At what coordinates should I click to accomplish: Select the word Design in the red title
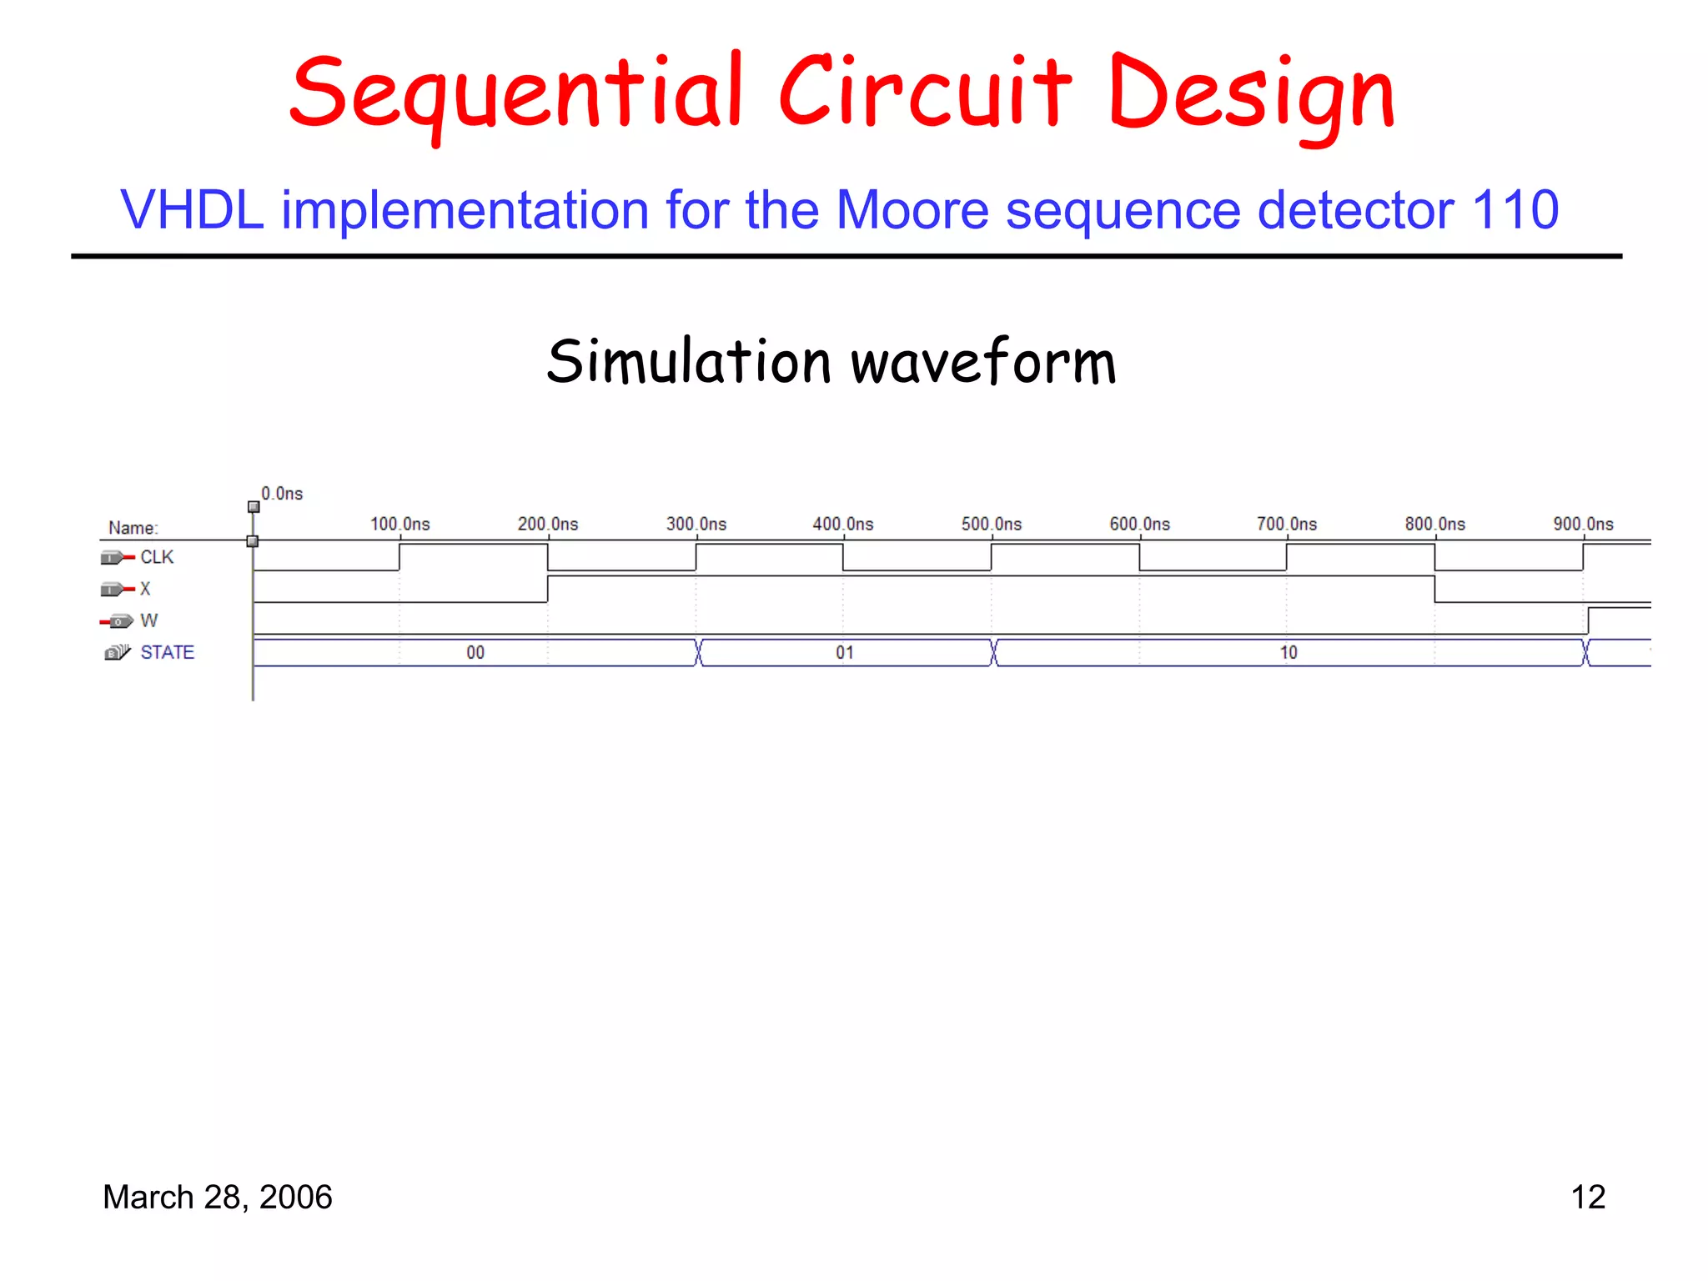pyautogui.click(x=1251, y=94)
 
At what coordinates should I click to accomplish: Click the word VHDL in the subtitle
pyautogui.click(x=193, y=209)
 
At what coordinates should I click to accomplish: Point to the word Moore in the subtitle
pyautogui.click(x=912, y=209)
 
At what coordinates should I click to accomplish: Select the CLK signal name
pyautogui.click(x=157, y=557)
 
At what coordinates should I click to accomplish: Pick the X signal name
pyautogui.click(x=145, y=589)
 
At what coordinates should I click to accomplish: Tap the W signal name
pyautogui.click(x=148, y=620)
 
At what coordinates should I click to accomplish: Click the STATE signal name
pyautogui.click(x=167, y=652)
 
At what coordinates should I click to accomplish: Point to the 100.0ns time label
pyautogui.click(x=400, y=524)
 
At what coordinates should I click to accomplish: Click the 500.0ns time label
pyautogui.click(x=991, y=524)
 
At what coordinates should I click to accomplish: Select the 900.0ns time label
pyautogui.click(x=1582, y=524)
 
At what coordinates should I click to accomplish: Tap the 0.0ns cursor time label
pyautogui.click(x=282, y=494)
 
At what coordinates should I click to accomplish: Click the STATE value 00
pyautogui.click(x=475, y=652)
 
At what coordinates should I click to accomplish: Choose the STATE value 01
pyautogui.click(x=845, y=652)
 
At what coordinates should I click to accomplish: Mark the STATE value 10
pyautogui.click(x=1289, y=652)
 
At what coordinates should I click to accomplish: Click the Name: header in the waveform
pyautogui.click(x=133, y=528)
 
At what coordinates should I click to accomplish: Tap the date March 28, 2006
pyautogui.click(x=217, y=1197)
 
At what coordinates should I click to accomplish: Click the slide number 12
pyautogui.click(x=1587, y=1197)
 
